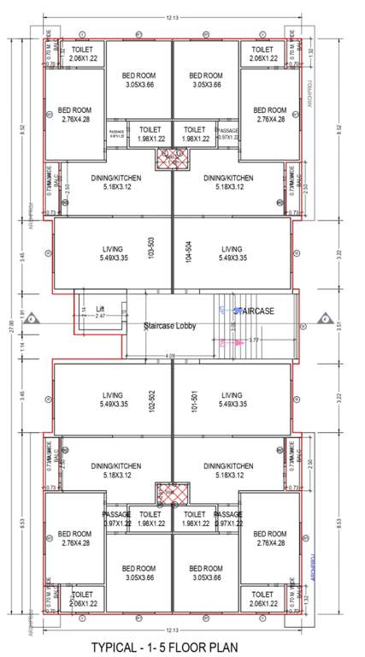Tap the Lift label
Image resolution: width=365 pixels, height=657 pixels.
tap(100, 307)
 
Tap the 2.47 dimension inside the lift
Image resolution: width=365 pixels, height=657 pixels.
tap(100, 316)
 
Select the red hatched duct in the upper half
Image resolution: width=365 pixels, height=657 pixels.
tap(172, 157)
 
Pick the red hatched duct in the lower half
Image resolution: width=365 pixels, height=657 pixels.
tap(172, 494)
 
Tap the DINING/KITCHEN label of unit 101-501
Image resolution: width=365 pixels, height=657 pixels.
tap(229, 471)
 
